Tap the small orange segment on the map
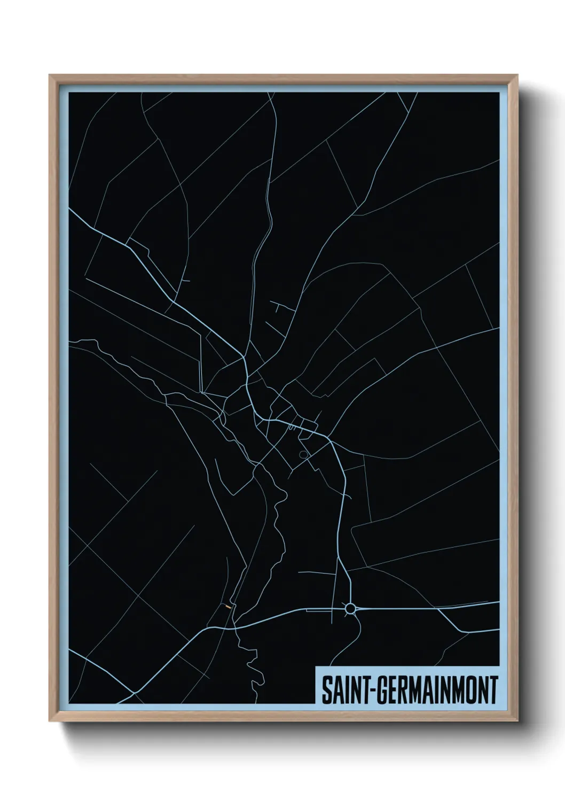pos(229,606)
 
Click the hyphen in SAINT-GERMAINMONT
pos(375,690)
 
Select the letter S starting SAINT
pos(327,690)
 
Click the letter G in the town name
pos(386,690)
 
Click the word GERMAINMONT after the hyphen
pos(438,690)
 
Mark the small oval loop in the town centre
pos(304,455)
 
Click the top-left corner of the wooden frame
pos(50,75)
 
